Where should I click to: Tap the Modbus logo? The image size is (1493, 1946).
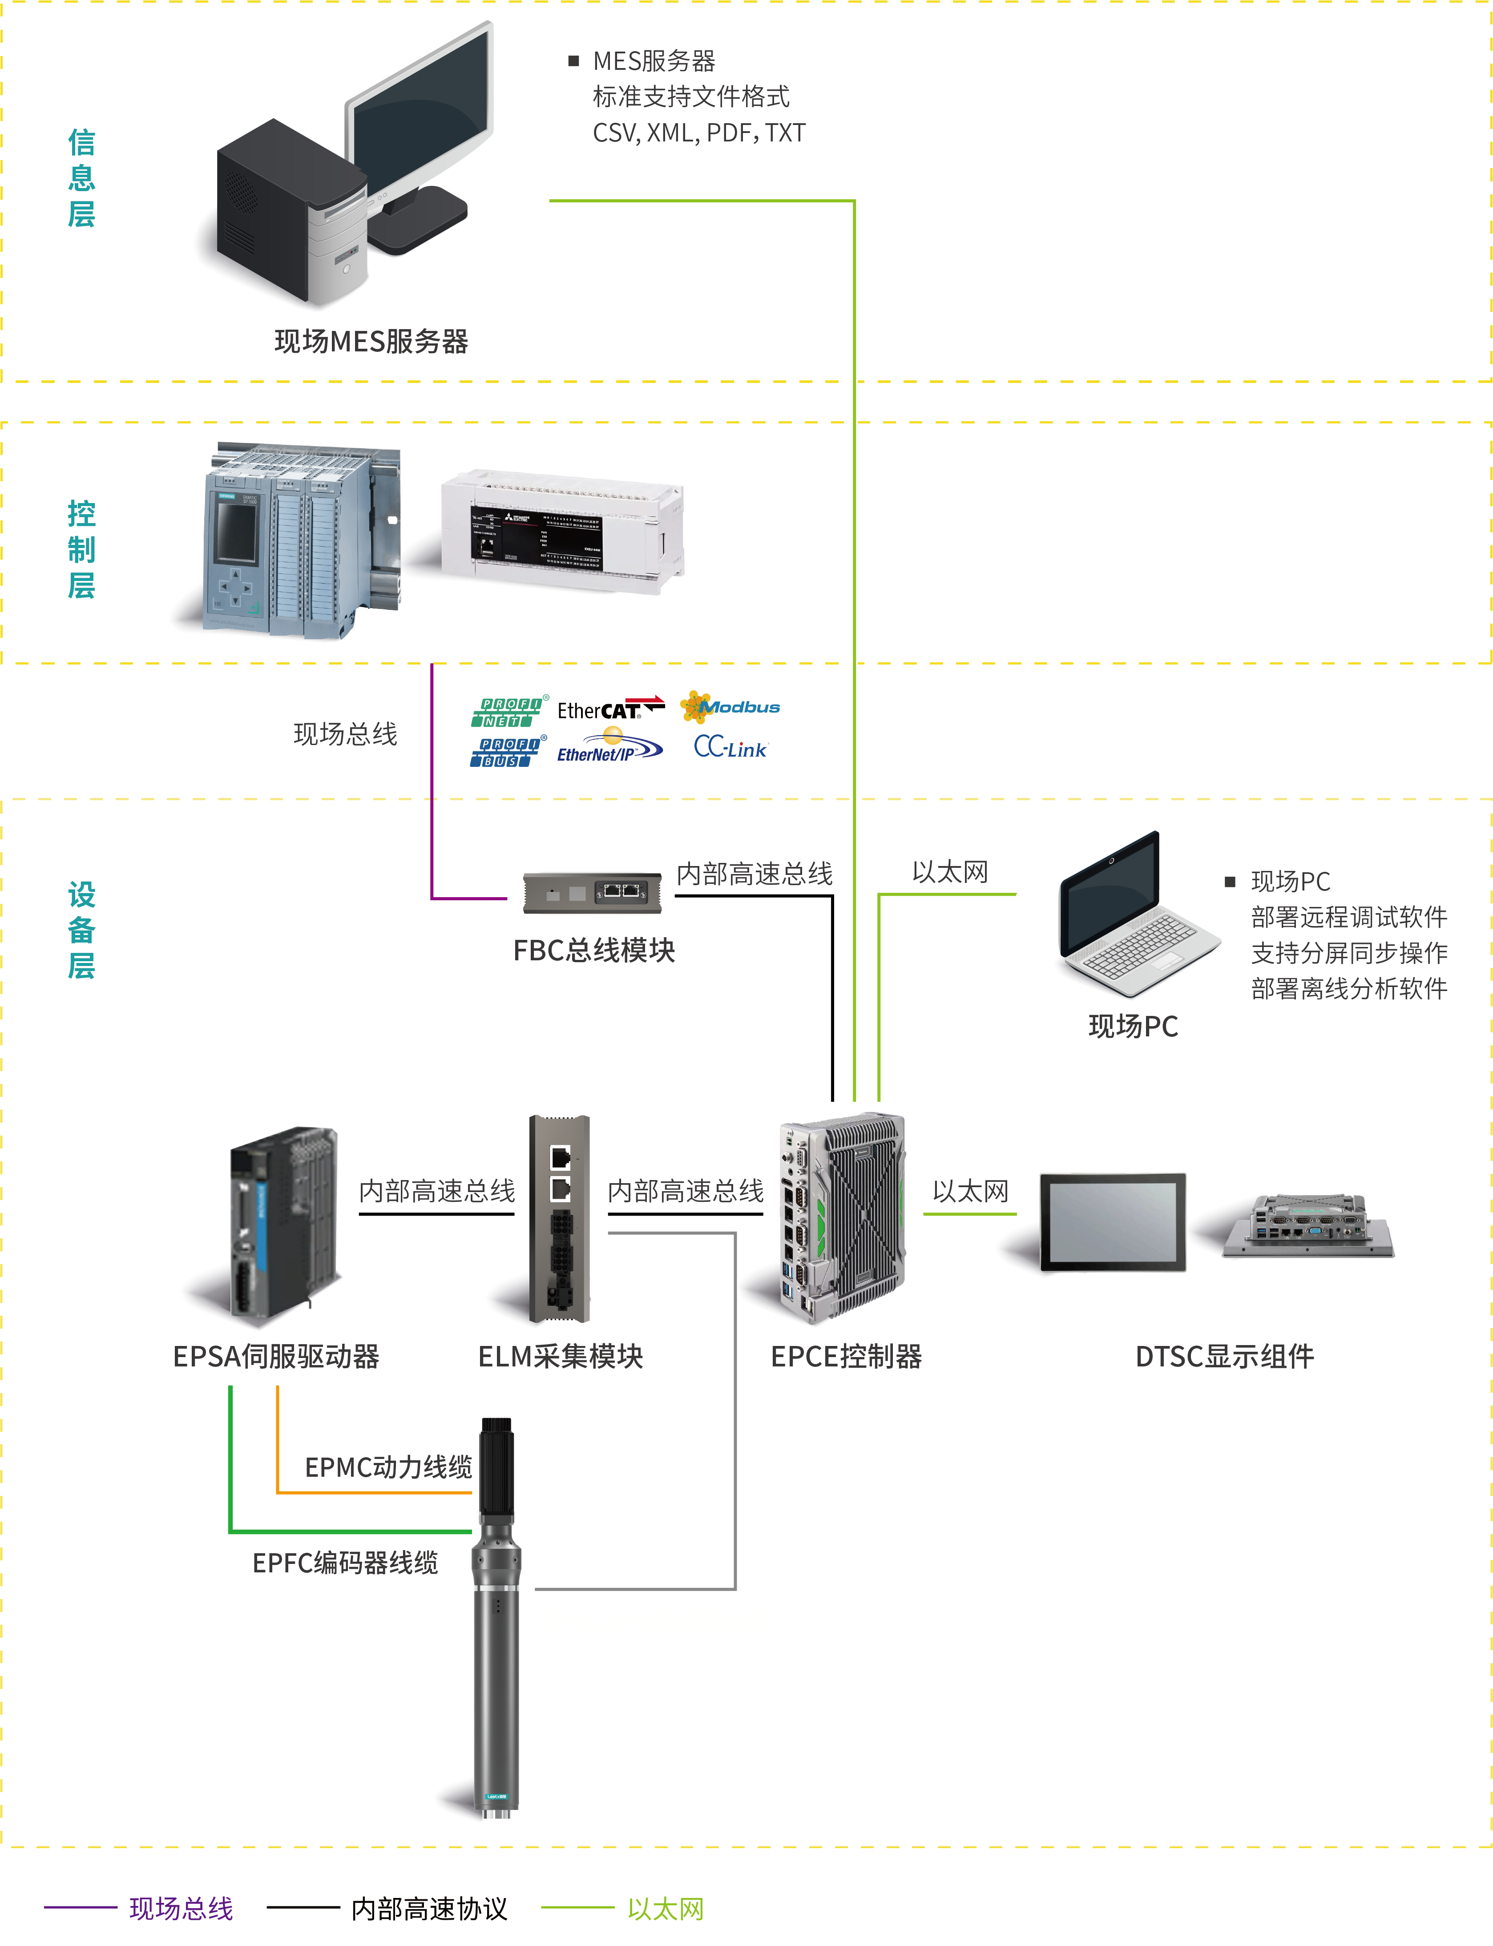pos(730,707)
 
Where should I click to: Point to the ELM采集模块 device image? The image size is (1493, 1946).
pos(560,1217)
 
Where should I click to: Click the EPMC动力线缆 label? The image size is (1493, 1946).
pos(388,1467)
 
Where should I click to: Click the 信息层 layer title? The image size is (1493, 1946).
pos(82,178)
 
